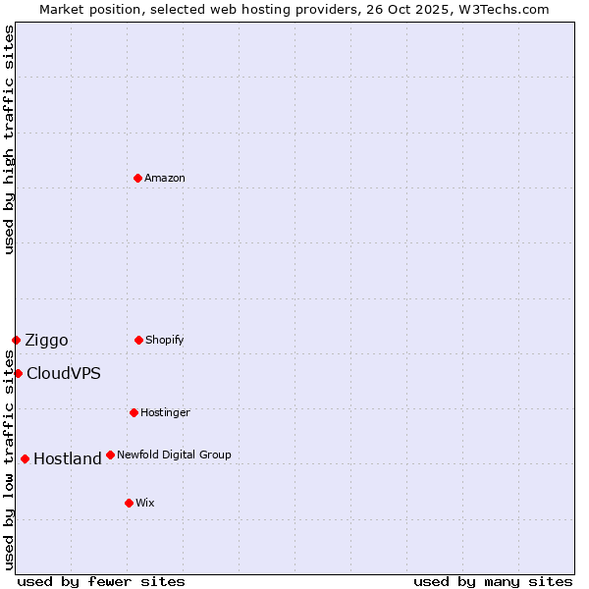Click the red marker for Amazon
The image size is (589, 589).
[x=137, y=178]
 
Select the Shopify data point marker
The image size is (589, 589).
[x=138, y=340]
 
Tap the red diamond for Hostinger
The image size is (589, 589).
[x=134, y=412]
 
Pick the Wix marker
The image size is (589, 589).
[x=129, y=503]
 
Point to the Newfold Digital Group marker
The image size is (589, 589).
[x=110, y=455]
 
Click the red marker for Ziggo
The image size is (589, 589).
[x=16, y=340]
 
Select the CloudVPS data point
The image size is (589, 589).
[x=18, y=373]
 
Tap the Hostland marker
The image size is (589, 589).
[x=25, y=458]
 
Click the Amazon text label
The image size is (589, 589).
[x=165, y=178]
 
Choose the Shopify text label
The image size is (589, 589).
[x=165, y=340]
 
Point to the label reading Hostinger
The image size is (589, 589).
[x=165, y=412]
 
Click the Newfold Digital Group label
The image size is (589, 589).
[x=174, y=455]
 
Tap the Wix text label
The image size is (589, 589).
[x=145, y=503]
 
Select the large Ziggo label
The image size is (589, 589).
[x=46, y=341]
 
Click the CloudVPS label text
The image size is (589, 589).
[x=63, y=373]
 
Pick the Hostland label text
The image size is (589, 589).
[x=67, y=458]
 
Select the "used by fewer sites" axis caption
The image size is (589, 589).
[x=101, y=581]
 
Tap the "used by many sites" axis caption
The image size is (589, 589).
[x=493, y=581]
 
